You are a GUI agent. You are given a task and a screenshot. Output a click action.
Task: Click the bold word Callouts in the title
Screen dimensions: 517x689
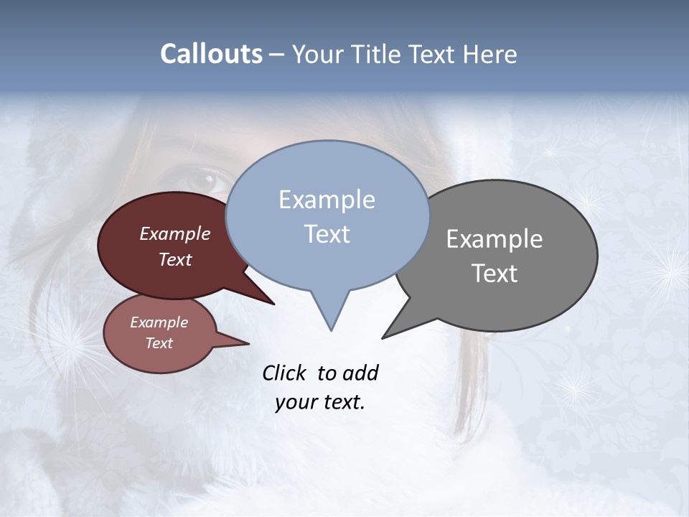[211, 54]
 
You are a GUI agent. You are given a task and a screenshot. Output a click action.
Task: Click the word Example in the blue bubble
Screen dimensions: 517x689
[327, 200]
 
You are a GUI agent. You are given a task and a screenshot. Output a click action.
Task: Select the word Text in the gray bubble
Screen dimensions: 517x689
[495, 274]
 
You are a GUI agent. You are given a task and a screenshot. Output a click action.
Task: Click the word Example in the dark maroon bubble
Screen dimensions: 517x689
[174, 233]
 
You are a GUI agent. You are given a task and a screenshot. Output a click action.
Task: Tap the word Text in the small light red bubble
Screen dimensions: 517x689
[159, 343]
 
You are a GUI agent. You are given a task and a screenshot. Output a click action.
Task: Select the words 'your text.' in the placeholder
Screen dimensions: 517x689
[320, 402]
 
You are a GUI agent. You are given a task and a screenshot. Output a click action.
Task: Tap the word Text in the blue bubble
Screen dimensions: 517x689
[327, 234]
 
